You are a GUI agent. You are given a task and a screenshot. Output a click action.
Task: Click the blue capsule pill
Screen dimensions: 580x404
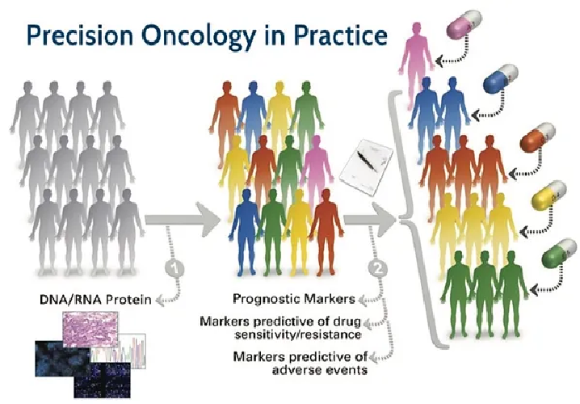pos(501,78)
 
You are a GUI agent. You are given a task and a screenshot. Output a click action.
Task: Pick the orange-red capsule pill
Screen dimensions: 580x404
pos(537,137)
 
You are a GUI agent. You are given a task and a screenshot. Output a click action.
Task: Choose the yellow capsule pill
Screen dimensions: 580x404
pos(549,196)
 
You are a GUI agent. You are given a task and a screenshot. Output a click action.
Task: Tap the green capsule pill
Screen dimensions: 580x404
pos(559,254)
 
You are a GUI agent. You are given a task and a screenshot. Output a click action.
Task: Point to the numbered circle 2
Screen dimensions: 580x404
pos(378,268)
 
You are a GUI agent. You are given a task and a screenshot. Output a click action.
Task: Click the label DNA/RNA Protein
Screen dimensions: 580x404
pos(95,299)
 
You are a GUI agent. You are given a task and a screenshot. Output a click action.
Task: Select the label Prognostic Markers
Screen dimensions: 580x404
pos(294,298)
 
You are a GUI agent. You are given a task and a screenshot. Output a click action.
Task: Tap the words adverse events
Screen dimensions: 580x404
pos(320,369)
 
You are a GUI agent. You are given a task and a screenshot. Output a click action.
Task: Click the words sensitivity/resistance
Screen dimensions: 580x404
pos(298,335)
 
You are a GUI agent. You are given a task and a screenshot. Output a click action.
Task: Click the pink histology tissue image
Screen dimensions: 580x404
pos(90,329)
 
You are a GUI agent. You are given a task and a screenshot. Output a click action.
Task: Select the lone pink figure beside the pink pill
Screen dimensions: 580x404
pos(417,61)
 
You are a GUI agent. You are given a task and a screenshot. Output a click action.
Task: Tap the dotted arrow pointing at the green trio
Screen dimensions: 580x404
pos(548,281)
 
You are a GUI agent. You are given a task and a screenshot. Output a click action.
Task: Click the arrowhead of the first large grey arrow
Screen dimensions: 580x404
pos(208,220)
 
